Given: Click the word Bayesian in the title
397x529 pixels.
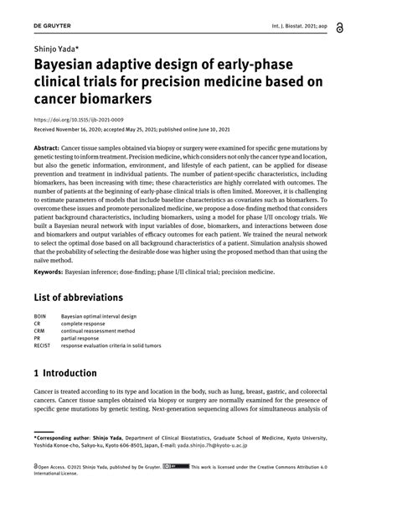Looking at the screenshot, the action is (70, 66).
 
